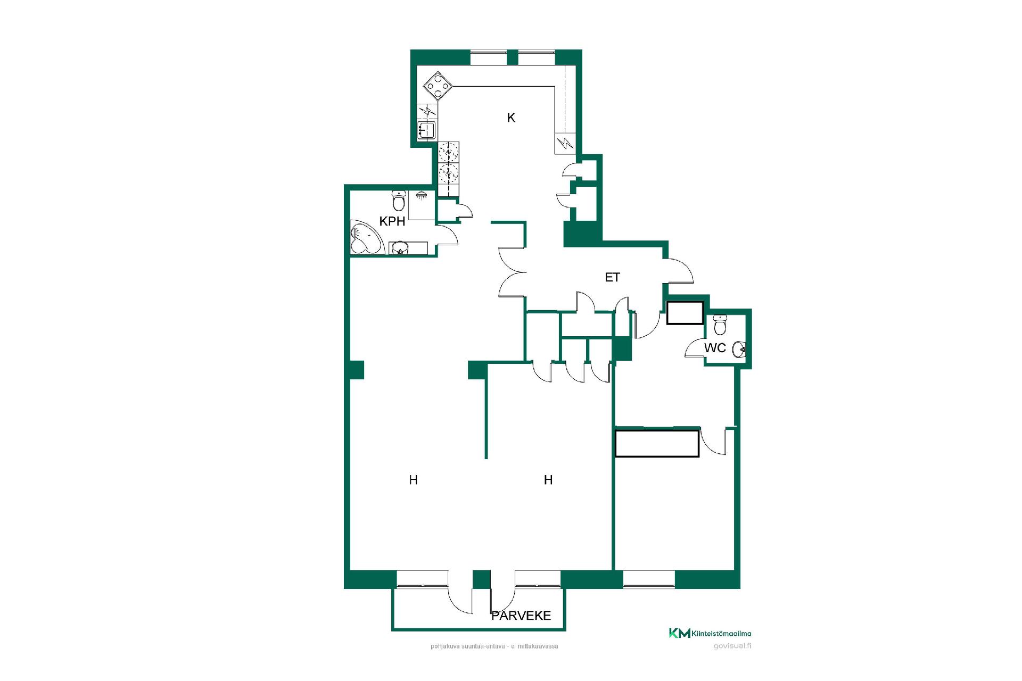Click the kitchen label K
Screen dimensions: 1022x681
(511, 118)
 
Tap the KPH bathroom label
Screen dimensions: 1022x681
(392, 221)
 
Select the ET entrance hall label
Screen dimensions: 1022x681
(613, 277)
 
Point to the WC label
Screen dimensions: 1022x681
(715, 348)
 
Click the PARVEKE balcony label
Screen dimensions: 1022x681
(521, 616)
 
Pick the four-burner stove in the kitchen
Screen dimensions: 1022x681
(438, 86)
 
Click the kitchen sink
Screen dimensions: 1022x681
(426, 130)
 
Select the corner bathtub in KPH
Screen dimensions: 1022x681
(366, 237)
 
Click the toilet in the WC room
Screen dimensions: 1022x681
(720, 325)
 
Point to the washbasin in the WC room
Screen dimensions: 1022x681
(739, 349)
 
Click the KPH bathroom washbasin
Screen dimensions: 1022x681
(399, 248)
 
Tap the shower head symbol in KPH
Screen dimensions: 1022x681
(422, 195)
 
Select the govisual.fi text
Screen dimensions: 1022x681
(732, 646)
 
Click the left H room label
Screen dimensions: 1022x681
(413, 480)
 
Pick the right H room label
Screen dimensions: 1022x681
(548, 480)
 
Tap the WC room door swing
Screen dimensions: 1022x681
(694, 348)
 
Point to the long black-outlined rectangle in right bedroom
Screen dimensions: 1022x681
(657, 444)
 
